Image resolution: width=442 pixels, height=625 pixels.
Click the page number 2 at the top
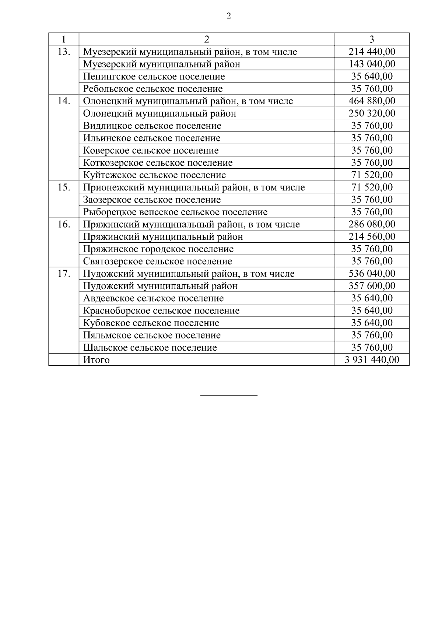(229, 16)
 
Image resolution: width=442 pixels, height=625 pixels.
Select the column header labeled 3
(372, 39)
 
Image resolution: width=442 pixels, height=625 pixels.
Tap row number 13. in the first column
(64, 52)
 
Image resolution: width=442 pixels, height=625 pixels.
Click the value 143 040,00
(372, 64)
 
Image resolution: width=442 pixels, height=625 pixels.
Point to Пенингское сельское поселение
(154, 77)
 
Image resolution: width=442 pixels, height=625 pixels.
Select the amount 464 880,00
(372, 101)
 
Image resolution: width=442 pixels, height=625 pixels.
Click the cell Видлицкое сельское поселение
(152, 126)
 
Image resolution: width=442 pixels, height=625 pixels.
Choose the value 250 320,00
(372, 113)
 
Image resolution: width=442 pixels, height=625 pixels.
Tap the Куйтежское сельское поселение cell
(154, 175)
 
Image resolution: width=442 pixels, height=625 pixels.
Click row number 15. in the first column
(64, 187)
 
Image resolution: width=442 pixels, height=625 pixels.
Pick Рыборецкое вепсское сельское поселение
(175, 212)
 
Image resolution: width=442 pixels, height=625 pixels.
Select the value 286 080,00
(372, 224)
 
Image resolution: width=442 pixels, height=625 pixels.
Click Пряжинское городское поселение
(158, 249)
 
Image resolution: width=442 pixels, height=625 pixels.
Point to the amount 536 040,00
(372, 274)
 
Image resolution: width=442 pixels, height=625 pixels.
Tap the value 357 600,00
(372, 286)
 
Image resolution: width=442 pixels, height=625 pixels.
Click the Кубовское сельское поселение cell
(151, 323)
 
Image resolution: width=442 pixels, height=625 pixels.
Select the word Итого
(97, 360)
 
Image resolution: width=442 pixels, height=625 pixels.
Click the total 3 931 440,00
(372, 360)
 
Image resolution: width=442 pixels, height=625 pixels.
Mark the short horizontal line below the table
(229, 396)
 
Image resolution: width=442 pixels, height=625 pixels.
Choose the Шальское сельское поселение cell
(150, 348)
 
